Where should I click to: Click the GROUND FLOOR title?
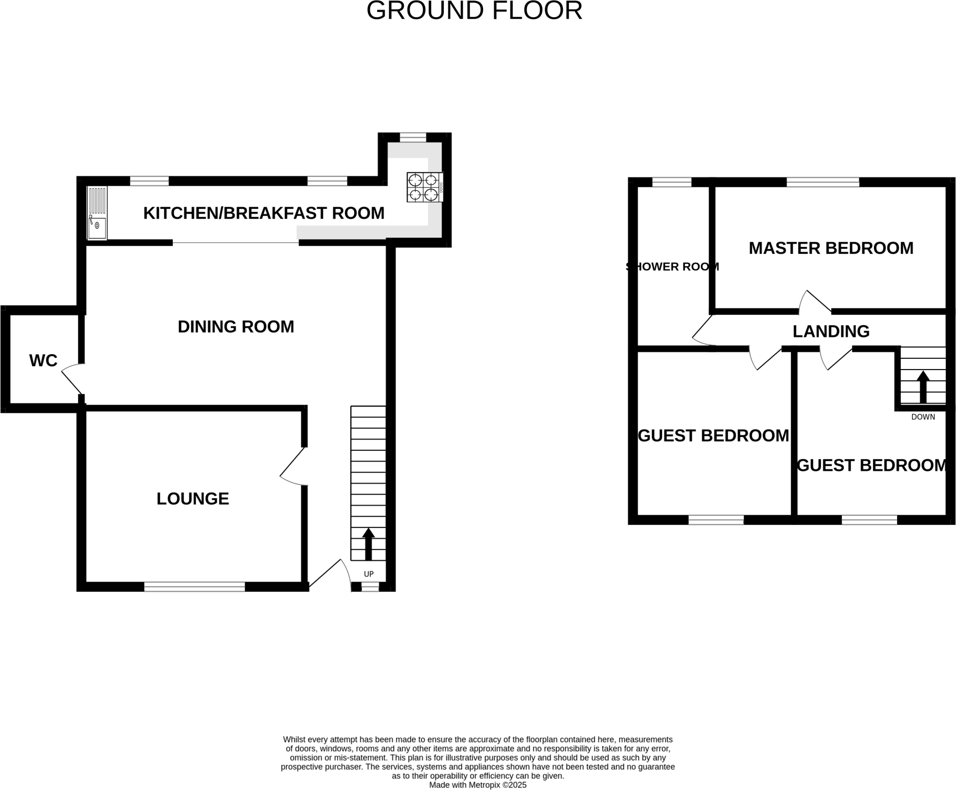click(474, 11)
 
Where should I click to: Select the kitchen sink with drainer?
click(97, 213)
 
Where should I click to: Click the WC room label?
click(43, 361)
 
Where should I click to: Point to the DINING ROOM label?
click(236, 327)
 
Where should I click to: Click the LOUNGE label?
click(193, 499)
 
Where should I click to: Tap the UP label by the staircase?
click(369, 574)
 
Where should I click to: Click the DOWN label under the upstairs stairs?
click(923, 417)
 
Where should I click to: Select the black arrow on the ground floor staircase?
click(368, 544)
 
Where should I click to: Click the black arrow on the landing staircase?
click(923, 386)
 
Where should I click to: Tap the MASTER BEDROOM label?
click(831, 248)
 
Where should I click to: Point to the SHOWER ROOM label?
click(672, 267)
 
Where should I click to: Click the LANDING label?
click(831, 331)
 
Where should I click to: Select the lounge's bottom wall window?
click(195, 587)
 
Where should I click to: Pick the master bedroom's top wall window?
click(823, 182)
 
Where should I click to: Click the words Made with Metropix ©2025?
click(478, 785)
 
